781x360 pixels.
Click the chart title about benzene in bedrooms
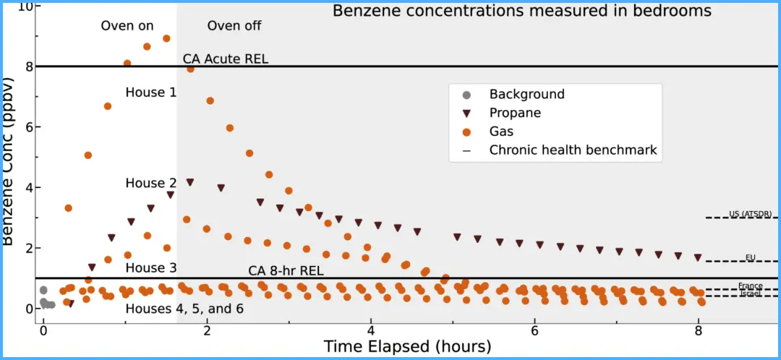[521, 11]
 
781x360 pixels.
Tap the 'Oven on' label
[127, 26]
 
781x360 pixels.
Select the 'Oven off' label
[234, 26]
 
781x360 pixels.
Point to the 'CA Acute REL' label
[226, 59]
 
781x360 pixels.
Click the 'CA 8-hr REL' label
[286, 271]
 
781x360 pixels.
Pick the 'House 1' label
[150, 93]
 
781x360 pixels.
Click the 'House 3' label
[150, 268]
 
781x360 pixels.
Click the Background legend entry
[526, 94]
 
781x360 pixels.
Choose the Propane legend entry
[515, 113]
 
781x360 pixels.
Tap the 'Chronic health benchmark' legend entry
[573, 150]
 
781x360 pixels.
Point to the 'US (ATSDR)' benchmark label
[750, 213]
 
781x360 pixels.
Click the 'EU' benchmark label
[751, 257]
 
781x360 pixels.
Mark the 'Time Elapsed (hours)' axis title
[407, 346]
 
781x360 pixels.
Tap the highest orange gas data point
[166, 38]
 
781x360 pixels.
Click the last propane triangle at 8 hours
[698, 257]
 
